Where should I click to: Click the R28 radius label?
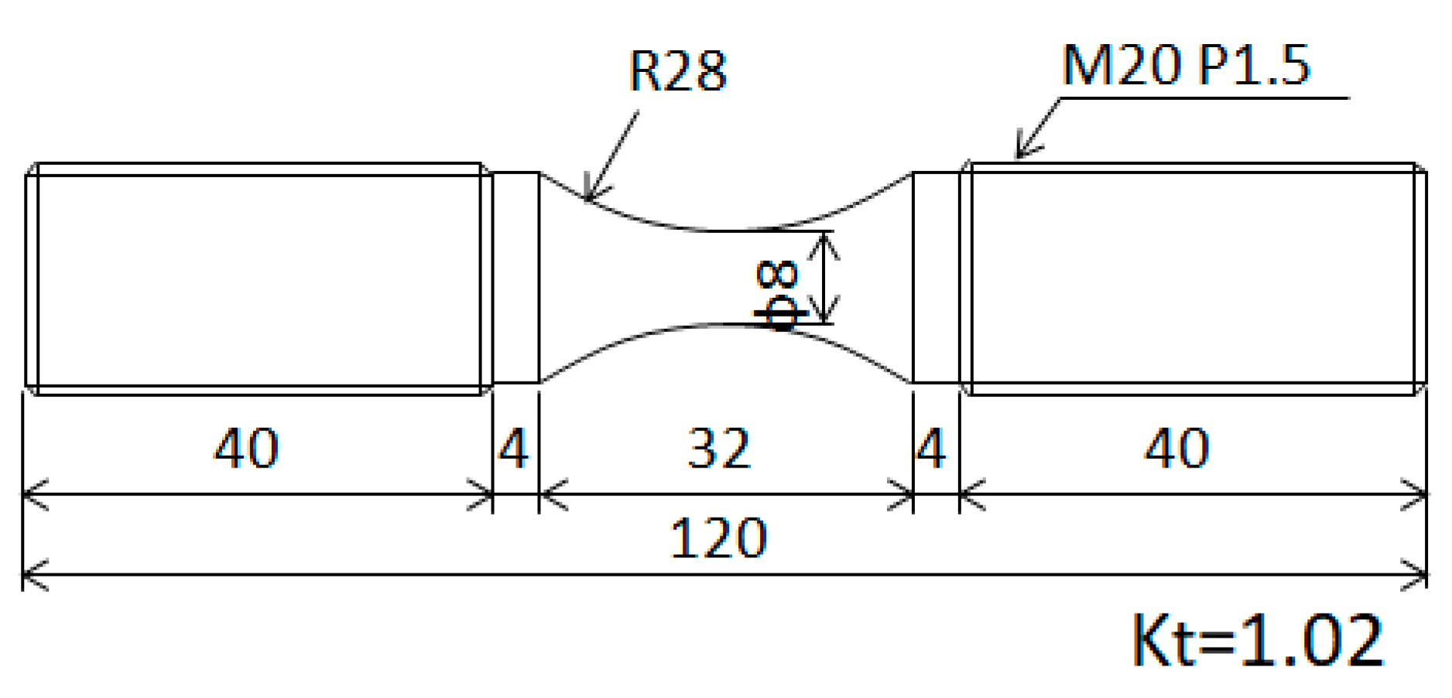[x=678, y=71]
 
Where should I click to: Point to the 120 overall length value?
[x=717, y=538]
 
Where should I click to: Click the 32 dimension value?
[x=719, y=448]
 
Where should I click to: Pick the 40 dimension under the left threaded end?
[x=246, y=448]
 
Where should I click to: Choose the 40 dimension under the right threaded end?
[x=1176, y=448]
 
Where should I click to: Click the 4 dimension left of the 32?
[x=513, y=448]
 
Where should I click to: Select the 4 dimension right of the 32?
[x=930, y=448]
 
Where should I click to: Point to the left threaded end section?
[x=255, y=279]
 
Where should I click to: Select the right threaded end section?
[x=1192, y=279]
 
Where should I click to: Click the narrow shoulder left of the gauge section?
[x=515, y=277]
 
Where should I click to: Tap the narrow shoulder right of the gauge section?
[x=936, y=277]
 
